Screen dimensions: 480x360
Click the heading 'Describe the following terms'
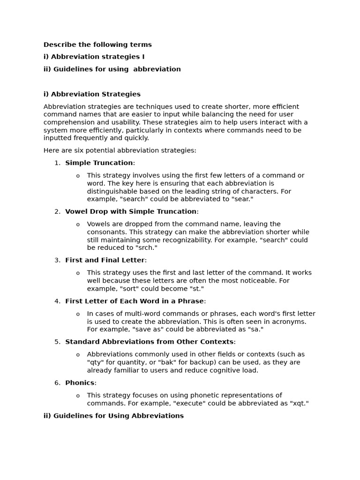pyautogui.click(x=97, y=45)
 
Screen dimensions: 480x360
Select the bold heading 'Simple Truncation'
pyautogui.click(x=99, y=163)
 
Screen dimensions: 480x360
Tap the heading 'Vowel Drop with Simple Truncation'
pyautogui.click(x=131, y=211)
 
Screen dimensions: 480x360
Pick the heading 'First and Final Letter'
pyautogui.click(x=105, y=260)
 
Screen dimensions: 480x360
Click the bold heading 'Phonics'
pyautogui.click(x=80, y=382)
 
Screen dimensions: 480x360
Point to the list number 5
pyautogui.click(x=57, y=342)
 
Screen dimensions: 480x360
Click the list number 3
pyautogui.click(x=57, y=260)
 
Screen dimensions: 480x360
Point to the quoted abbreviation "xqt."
pyautogui.click(x=300, y=403)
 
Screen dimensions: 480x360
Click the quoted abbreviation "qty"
pyautogui.click(x=96, y=362)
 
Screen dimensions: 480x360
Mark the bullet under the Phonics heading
pyautogui.click(x=78, y=396)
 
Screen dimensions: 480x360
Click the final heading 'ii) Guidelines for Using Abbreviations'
pyautogui.click(x=113, y=416)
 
